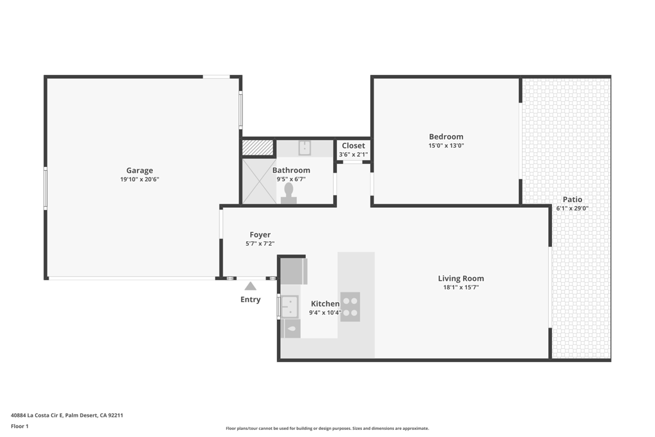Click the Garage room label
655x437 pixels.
139,170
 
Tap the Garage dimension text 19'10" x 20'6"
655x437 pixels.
139,180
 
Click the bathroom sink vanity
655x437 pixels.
304,148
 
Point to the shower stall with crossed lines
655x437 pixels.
258,181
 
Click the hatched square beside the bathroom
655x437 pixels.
258,148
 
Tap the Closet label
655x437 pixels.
353,146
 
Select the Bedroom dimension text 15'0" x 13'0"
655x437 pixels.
446,146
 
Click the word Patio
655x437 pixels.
572,200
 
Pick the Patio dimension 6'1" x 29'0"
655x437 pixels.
572,209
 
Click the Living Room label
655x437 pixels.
461,278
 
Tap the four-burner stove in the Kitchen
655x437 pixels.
350,306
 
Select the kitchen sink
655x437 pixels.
290,306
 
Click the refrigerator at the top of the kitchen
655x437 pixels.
294,271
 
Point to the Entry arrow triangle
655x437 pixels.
250,286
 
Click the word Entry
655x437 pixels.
250,299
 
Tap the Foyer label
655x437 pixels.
260,235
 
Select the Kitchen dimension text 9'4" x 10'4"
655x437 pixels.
325,313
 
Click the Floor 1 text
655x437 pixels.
20,426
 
